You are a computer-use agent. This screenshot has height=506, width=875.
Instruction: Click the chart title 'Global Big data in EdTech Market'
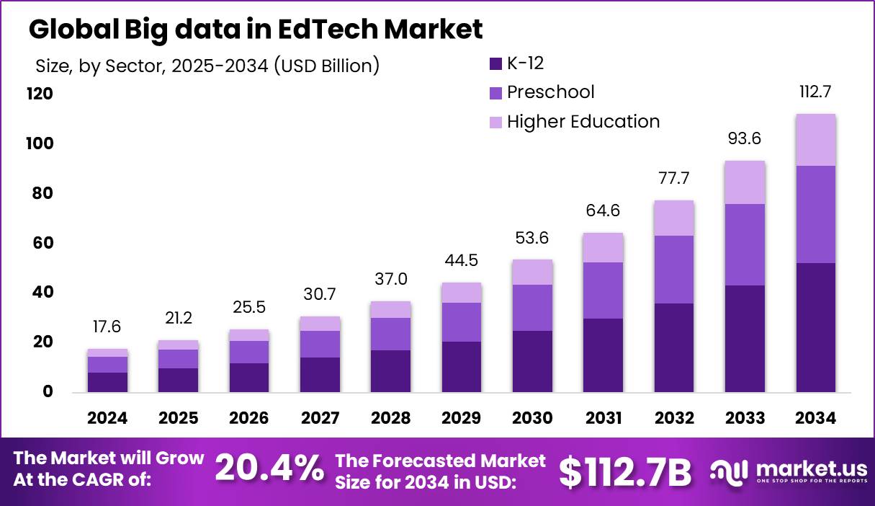(x=256, y=30)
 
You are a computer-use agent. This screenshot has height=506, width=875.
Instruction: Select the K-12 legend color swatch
(x=495, y=63)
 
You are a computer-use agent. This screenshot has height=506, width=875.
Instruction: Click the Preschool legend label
(x=551, y=92)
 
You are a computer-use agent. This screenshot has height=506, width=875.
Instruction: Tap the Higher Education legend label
(x=583, y=122)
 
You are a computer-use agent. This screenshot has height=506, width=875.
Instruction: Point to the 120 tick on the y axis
(x=40, y=94)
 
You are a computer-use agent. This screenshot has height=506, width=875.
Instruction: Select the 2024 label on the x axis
(x=107, y=419)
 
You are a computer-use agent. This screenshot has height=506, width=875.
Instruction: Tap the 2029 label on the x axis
(x=462, y=419)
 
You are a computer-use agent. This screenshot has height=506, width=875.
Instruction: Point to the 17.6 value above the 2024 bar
(x=107, y=327)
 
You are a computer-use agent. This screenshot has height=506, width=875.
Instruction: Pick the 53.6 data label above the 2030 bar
(x=532, y=238)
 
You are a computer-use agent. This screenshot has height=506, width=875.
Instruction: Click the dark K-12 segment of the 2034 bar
(x=816, y=328)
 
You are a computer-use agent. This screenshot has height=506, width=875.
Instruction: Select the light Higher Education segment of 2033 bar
(x=745, y=182)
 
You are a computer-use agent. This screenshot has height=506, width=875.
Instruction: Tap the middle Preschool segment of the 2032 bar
(x=674, y=270)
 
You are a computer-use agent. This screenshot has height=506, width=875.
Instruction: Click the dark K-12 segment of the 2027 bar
(x=320, y=375)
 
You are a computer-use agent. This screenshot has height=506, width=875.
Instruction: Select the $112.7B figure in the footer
(x=625, y=471)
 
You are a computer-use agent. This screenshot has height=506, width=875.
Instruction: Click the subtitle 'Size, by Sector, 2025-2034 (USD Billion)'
(x=207, y=66)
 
